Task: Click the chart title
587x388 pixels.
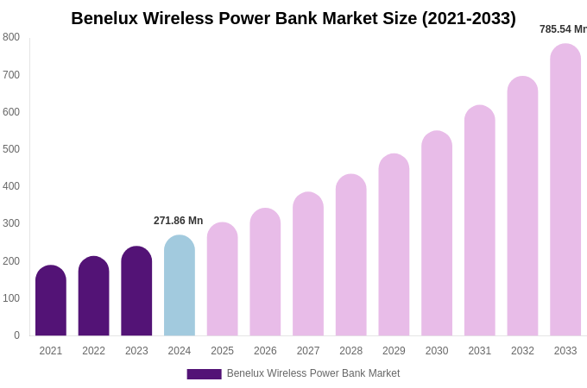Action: coord(293,18)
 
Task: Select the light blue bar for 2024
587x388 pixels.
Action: coord(180,285)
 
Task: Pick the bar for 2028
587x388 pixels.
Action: coord(351,255)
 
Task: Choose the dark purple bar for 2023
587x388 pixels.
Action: coord(136,291)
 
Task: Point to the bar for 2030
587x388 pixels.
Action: coord(437,234)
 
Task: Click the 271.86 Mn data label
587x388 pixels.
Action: coord(178,221)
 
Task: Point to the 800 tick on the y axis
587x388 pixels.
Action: coord(11,37)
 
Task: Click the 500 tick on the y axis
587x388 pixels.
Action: coord(11,149)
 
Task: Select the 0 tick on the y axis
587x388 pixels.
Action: coord(16,335)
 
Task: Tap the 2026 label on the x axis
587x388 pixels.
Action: coord(265,351)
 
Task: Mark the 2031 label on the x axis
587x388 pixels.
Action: coord(480,351)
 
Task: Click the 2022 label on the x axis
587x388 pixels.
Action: coord(93,351)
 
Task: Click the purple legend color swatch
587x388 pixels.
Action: coord(204,374)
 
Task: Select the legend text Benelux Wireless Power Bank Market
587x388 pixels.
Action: coord(313,373)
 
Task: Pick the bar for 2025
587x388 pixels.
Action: coord(222,279)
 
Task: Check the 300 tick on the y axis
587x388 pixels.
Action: coord(11,223)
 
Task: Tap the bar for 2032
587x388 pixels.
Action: coord(522,206)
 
